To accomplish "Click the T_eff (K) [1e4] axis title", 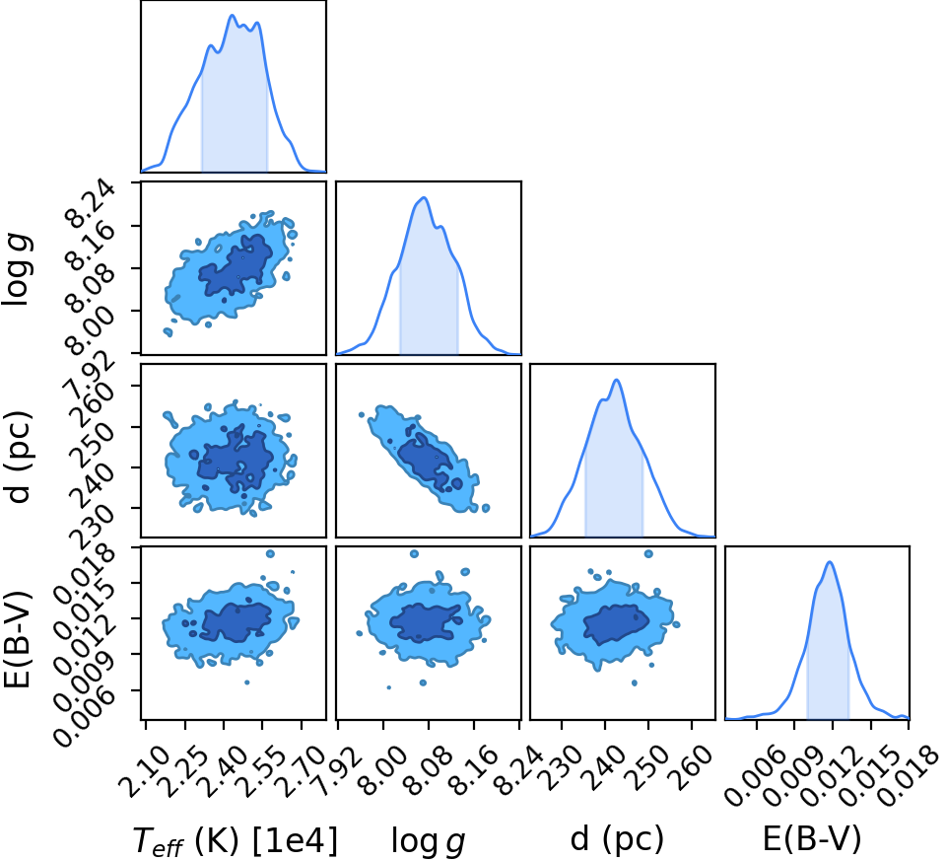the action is coord(235,840).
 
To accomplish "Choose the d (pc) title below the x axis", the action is coord(617,838).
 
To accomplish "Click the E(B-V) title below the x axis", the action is coord(812,838).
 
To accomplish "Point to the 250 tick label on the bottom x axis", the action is coord(648,763).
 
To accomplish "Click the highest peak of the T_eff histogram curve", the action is coord(233,15).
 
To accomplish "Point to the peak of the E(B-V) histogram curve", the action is coord(830,562).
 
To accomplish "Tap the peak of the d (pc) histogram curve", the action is coord(617,380).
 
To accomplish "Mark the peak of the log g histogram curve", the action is coord(425,197).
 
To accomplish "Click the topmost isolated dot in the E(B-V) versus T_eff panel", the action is coord(270,553).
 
